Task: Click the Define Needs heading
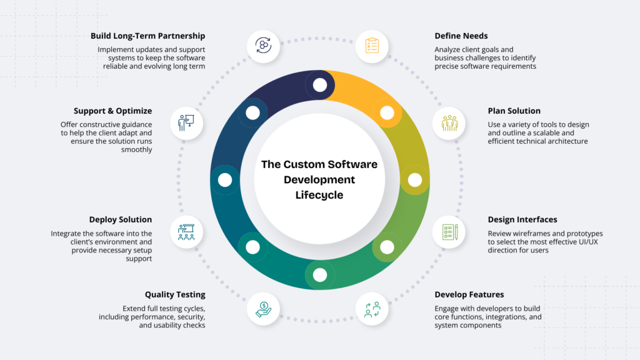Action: [461, 36]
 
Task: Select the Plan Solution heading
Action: [514, 111]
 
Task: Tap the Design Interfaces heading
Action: [522, 220]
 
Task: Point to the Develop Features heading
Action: [469, 294]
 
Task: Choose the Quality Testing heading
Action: [175, 294]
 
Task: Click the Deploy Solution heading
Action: [121, 220]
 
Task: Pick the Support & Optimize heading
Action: [112, 111]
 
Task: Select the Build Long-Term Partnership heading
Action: [147, 36]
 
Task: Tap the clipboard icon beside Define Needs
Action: [372, 46]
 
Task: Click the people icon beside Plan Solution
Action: [449, 123]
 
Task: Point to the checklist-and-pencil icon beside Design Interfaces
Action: [449, 232]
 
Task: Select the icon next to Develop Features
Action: [372, 309]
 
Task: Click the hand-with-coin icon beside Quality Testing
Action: [263, 309]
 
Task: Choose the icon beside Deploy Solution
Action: [186, 232]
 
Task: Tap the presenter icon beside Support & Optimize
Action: [186, 123]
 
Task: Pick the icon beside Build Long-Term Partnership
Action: [263, 46]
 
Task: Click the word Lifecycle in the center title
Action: [319, 195]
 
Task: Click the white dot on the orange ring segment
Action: [387, 113]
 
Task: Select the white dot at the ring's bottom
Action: [320, 274]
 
